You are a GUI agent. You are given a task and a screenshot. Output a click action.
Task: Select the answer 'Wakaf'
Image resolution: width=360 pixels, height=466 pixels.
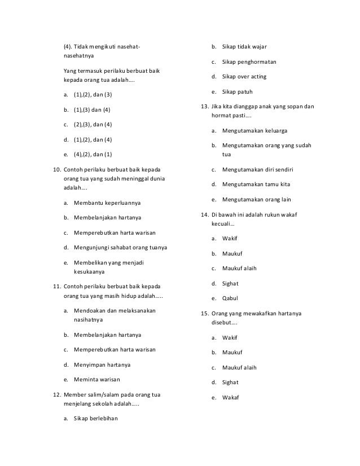pos(230,397)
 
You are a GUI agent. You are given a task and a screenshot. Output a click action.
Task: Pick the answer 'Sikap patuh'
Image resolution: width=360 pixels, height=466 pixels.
pos(237,91)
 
